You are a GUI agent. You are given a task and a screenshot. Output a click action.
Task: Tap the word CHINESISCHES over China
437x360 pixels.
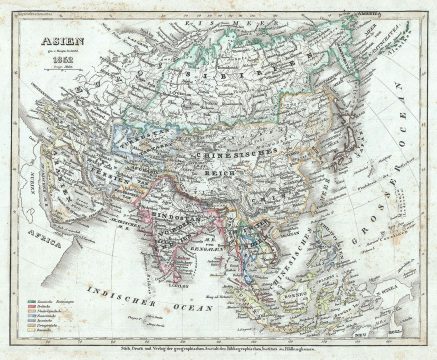[x=262, y=153]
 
